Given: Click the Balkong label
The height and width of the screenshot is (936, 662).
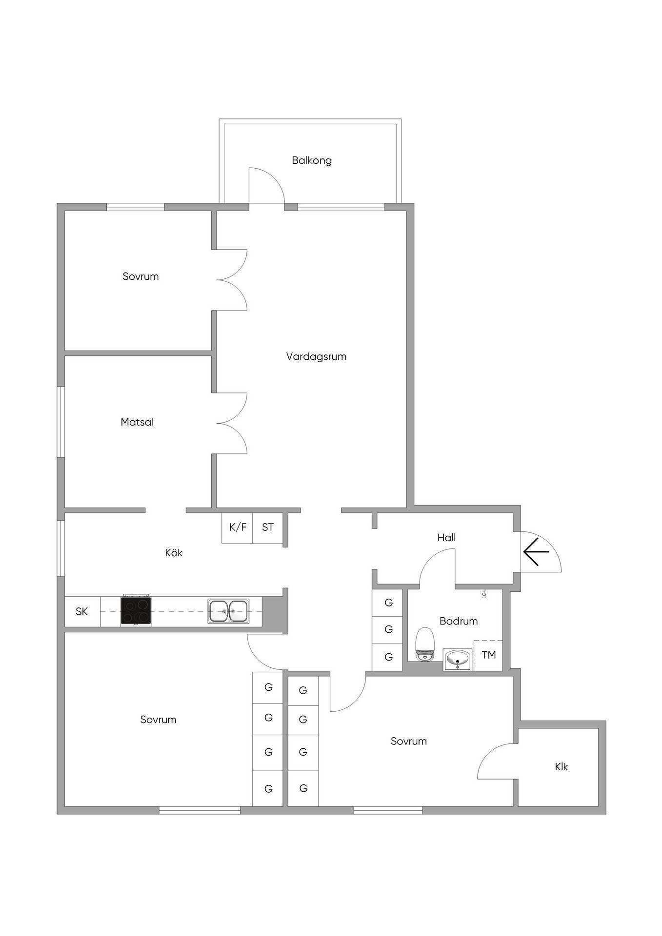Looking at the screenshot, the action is (312, 160).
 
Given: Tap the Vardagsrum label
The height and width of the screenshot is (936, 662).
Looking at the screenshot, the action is (316, 356).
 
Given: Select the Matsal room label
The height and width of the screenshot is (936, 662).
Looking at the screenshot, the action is (137, 422).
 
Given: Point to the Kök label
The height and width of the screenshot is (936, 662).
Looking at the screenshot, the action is (174, 552).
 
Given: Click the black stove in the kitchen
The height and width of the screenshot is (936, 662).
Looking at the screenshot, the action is (136, 610).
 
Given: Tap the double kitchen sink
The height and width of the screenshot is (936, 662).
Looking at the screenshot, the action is (228, 611).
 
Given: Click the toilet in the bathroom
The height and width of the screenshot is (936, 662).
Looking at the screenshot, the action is (424, 644).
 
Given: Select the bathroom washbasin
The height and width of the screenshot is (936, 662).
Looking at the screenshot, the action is (457, 659).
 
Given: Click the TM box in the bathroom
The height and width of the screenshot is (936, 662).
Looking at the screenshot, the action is (488, 655).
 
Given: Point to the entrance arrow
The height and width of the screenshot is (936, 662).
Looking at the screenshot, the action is (536, 551).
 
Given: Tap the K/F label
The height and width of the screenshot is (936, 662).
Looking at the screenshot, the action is (238, 527).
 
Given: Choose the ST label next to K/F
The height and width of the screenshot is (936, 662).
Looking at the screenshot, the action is (268, 527).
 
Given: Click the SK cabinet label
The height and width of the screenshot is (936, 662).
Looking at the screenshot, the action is (81, 611).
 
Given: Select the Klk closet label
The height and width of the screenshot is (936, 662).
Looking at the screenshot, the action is (562, 767).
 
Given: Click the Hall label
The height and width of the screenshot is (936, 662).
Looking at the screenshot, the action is (446, 538).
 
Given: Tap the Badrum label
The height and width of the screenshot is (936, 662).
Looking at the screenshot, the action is (459, 621).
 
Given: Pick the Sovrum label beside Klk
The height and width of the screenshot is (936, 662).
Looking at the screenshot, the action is (409, 741).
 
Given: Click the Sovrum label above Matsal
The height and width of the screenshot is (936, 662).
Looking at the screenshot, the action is (140, 276).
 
